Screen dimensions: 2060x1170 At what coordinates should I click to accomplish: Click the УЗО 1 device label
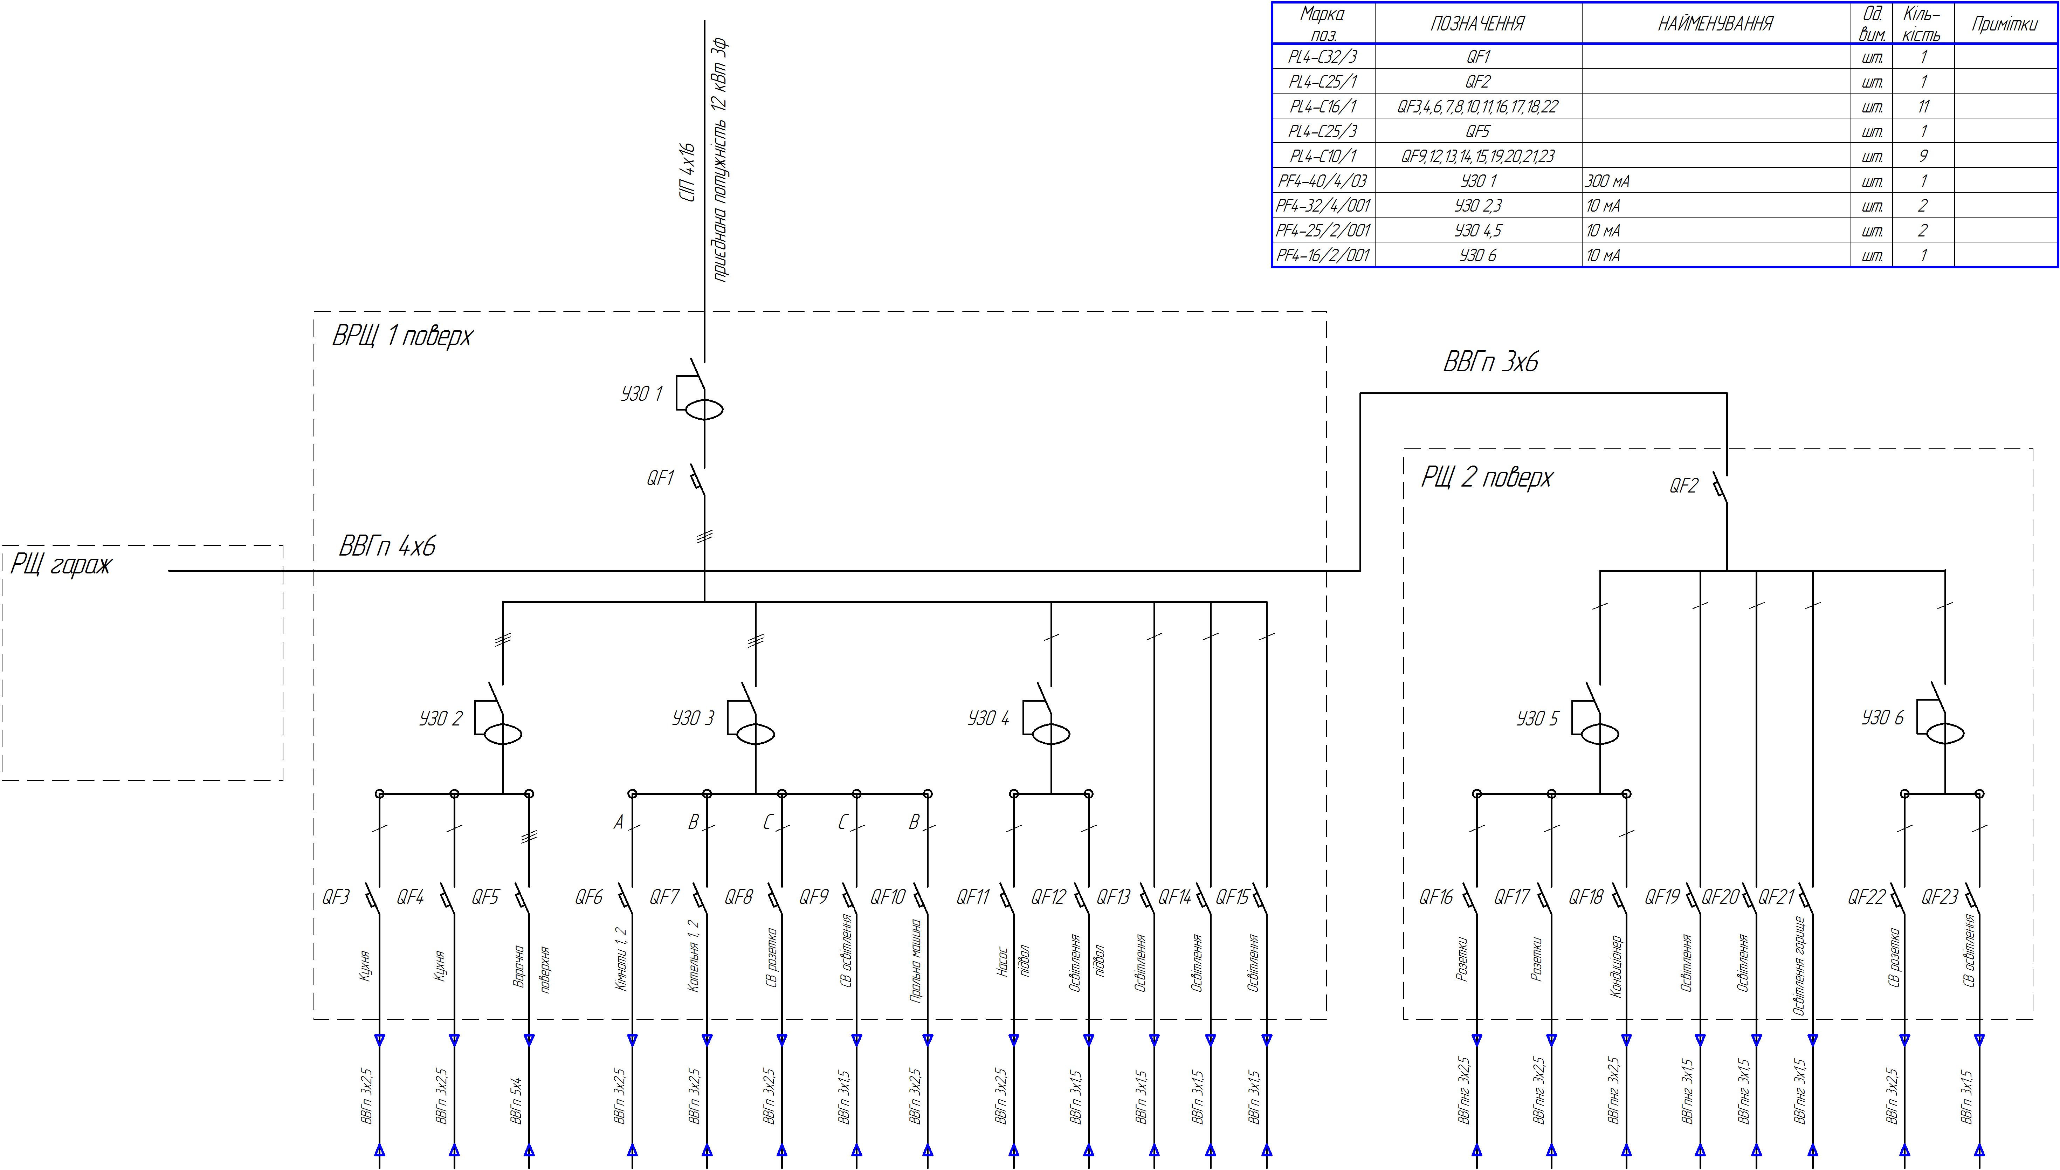point(641,394)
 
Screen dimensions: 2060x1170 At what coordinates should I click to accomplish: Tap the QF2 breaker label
point(1683,486)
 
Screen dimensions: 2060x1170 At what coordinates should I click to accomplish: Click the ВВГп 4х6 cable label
point(387,547)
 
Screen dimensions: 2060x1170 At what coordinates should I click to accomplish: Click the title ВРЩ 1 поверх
point(402,336)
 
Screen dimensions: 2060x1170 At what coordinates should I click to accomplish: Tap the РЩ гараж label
point(60,565)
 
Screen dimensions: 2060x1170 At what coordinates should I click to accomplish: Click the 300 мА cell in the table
point(1608,181)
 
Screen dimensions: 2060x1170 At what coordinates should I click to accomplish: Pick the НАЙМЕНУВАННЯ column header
point(1715,24)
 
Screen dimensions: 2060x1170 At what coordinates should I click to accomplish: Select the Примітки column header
point(2005,24)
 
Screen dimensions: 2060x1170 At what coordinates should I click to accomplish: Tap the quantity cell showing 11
point(1923,106)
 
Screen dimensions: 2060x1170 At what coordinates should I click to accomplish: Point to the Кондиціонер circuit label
point(1616,967)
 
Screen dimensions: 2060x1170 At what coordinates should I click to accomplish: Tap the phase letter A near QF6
point(619,823)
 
